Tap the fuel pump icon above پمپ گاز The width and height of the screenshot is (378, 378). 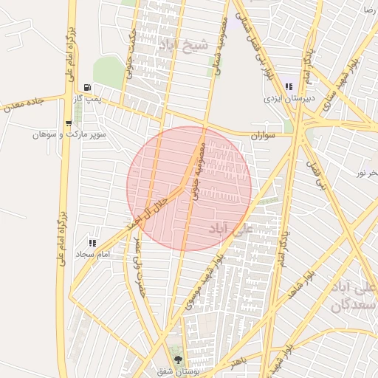[x=89, y=86]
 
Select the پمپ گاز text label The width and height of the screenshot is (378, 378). [x=92, y=97]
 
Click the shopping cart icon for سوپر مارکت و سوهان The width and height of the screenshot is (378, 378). [x=69, y=123]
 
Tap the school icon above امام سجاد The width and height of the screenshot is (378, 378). [x=92, y=242]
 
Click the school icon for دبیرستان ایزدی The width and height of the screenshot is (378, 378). [x=288, y=86]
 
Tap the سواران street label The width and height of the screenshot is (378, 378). [x=261, y=136]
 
